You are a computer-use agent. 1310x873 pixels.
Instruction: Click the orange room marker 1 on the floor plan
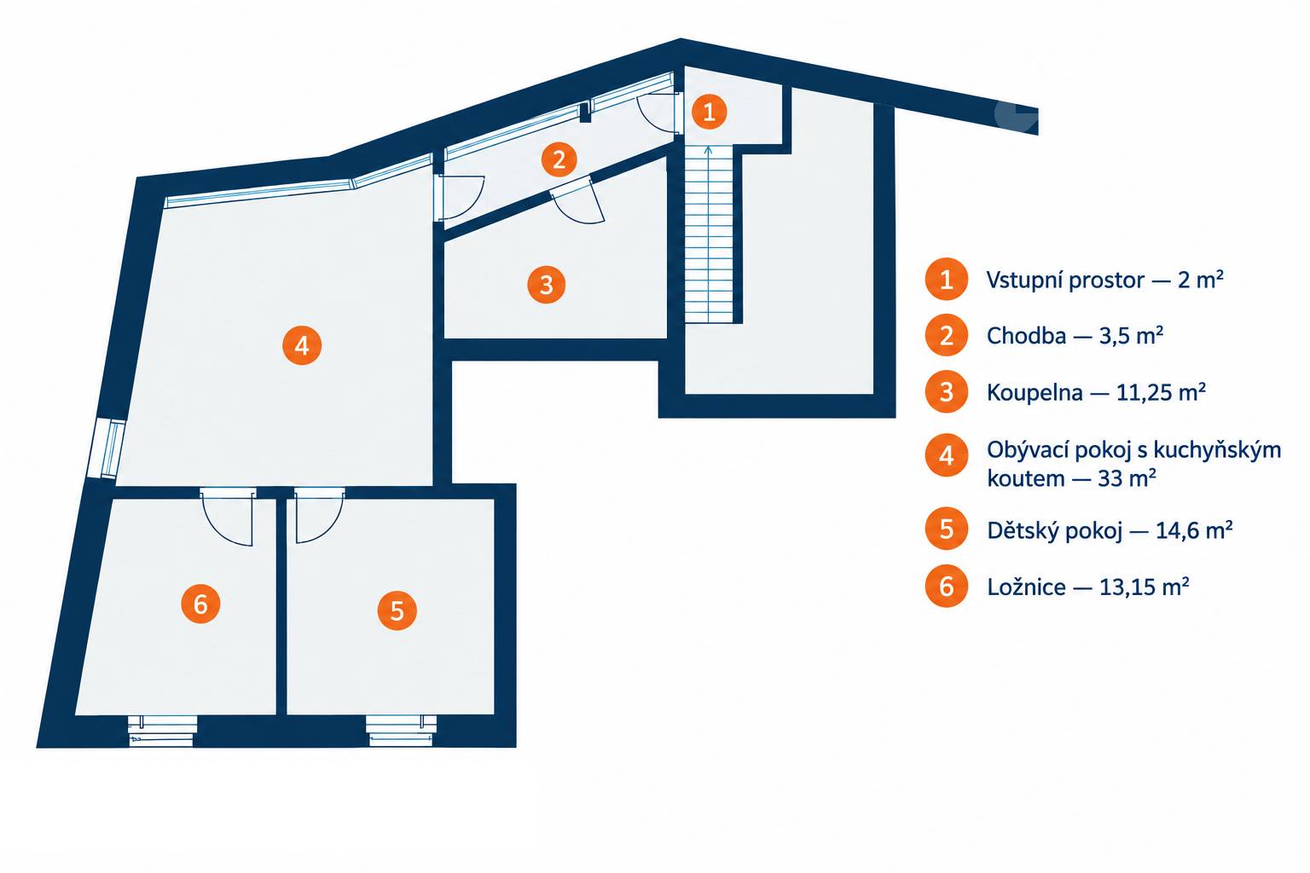tap(709, 111)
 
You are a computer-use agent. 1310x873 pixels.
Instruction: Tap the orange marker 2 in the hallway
tap(559, 159)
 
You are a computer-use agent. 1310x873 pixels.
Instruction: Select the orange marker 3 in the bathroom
tap(546, 285)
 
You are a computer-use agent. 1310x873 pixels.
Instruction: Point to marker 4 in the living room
tap(302, 345)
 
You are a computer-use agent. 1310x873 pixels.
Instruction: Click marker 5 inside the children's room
tap(397, 611)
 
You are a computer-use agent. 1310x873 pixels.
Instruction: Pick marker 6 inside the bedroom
tap(200, 604)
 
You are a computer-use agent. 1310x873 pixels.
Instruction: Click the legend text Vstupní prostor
tap(1065, 280)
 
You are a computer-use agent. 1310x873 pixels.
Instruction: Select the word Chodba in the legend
tap(1026, 336)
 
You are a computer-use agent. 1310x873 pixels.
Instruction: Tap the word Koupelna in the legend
tap(1035, 392)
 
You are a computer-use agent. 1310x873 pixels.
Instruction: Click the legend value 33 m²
tap(1127, 478)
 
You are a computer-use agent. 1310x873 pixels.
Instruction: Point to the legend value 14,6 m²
tap(1194, 530)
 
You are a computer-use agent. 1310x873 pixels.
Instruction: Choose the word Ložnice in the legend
tap(1026, 587)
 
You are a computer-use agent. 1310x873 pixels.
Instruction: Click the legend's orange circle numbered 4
tap(946, 455)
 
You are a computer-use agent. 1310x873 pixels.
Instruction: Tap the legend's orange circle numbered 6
tap(946, 586)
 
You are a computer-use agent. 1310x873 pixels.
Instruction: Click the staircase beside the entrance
tap(708, 234)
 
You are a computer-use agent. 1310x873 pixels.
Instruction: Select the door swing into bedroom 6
tap(228, 517)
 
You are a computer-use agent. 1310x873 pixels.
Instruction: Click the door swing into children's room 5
tap(319, 516)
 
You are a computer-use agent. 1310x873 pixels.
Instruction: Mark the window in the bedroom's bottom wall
tap(162, 731)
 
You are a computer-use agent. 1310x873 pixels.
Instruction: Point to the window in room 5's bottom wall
tap(401, 731)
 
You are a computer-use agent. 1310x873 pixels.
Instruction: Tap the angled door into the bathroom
tap(577, 202)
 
